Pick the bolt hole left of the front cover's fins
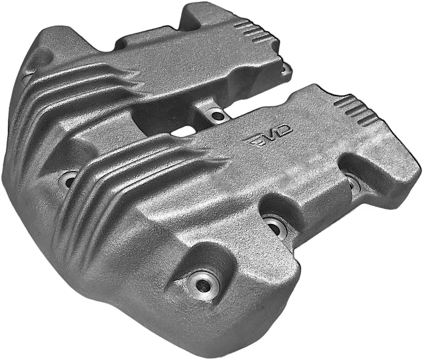pyautogui.click(x=68, y=179)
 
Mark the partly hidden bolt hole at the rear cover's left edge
pyautogui.click(x=27, y=79)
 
